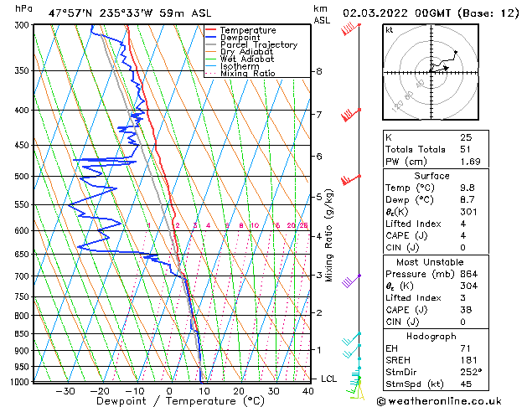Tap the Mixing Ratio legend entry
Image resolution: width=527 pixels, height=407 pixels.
click(x=248, y=74)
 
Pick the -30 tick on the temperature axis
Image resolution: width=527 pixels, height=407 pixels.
click(x=64, y=391)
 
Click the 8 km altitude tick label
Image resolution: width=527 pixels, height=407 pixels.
click(x=318, y=72)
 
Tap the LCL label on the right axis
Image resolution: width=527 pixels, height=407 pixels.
click(x=329, y=379)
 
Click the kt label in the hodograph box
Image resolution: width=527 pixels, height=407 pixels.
click(x=389, y=29)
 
